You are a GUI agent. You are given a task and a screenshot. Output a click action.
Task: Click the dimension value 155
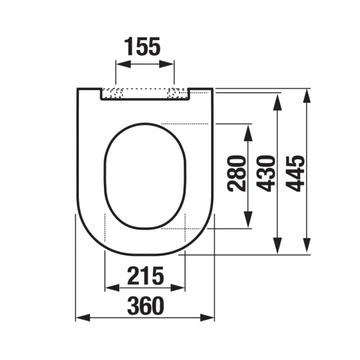click(143, 46)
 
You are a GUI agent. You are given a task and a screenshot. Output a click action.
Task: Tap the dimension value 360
click(145, 306)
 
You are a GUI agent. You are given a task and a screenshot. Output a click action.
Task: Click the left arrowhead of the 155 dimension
click(123, 64)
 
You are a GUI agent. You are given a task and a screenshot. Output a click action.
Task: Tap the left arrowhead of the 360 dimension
click(82, 317)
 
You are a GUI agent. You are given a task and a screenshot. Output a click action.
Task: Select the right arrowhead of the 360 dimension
click(207, 317)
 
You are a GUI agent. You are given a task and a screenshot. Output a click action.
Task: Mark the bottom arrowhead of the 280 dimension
click(248, 219)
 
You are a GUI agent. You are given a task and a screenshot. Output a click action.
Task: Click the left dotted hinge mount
click(113, 93)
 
